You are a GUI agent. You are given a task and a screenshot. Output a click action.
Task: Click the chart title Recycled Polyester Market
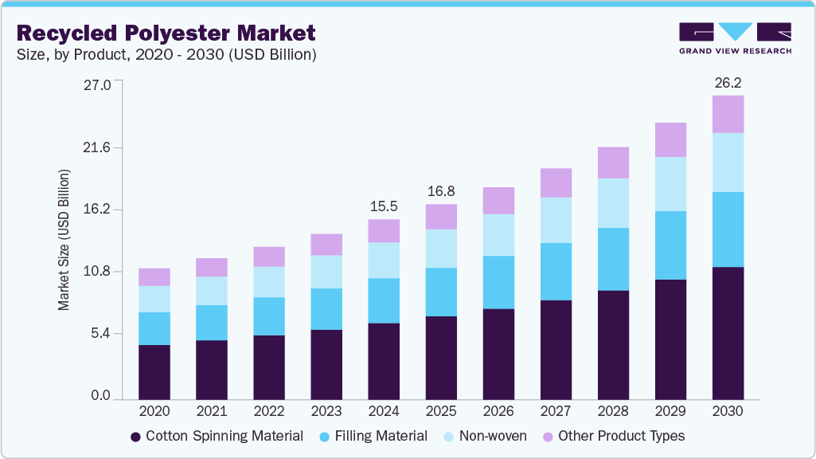[166, 33]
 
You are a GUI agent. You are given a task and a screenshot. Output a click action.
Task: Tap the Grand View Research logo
[735, 38]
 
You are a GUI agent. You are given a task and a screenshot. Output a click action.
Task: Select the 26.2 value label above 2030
[728, 82]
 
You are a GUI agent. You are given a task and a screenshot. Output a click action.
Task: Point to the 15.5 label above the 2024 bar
[383, 206]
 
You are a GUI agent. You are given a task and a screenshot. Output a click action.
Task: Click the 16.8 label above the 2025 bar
[440, 190]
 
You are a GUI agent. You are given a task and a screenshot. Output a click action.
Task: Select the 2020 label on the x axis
[154, 412]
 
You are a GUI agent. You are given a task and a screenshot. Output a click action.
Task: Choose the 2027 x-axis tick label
[556, 412]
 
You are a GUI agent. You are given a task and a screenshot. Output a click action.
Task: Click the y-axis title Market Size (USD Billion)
[63, 240]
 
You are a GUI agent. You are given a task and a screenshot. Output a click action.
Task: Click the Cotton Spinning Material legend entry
[217, 436]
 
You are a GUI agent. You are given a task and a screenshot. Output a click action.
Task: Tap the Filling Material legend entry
[373, 436]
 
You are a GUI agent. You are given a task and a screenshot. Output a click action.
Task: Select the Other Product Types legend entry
[613, 436]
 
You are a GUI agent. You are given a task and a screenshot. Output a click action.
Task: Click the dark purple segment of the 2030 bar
[728, 333]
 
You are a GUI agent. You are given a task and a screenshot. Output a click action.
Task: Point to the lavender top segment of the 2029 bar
[670, 140]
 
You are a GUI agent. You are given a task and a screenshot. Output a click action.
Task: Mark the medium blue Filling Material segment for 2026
[498, 282]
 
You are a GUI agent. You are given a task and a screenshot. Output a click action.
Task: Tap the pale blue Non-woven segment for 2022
[268, 282]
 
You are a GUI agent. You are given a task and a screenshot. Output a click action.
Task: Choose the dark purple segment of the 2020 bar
[154, 371]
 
